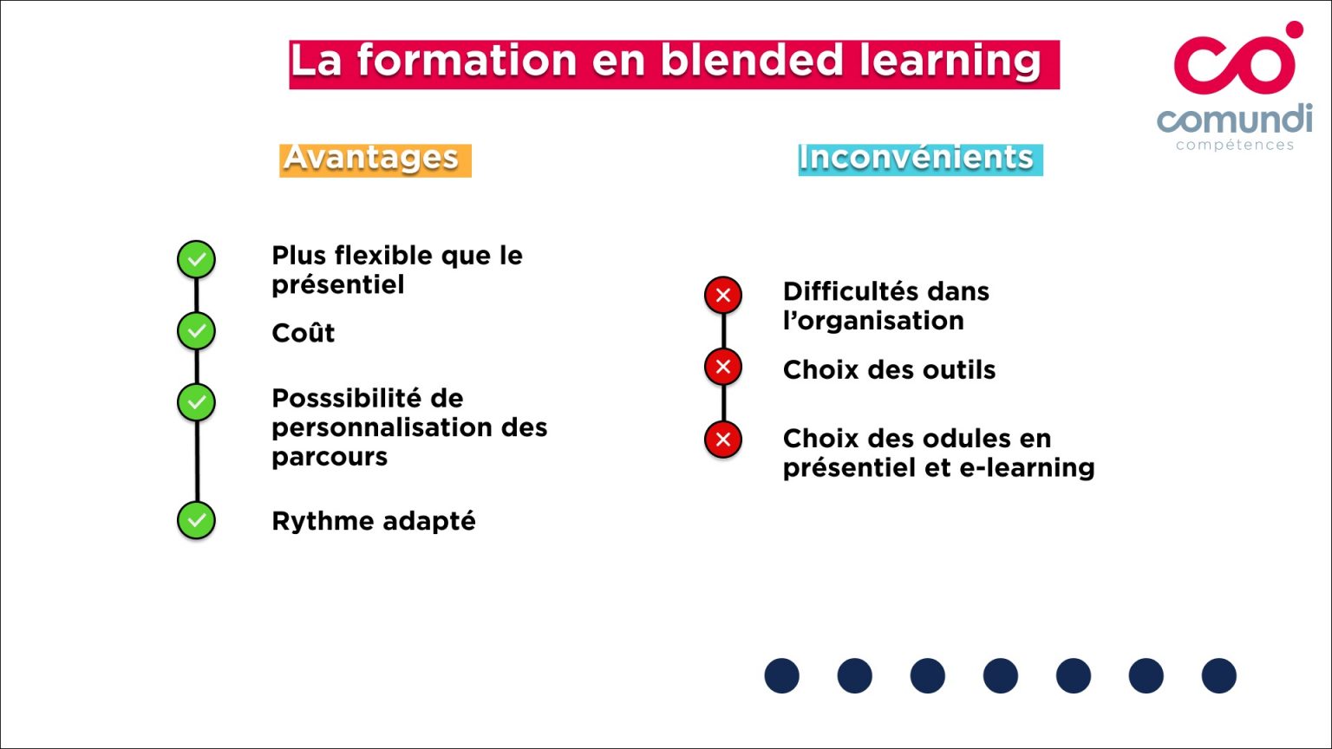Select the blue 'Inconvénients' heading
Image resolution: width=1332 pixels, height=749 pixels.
919,159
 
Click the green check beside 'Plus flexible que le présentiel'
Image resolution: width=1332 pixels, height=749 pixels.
197,259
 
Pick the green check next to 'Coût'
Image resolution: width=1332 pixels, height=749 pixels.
197,331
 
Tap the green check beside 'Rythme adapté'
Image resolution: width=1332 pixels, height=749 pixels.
197,520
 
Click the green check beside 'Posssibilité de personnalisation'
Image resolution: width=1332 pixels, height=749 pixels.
197,402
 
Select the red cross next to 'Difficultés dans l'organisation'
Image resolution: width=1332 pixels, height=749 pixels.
723,296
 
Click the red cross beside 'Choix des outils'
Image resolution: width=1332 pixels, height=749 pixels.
723,367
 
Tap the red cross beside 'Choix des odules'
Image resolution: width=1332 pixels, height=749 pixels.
723,440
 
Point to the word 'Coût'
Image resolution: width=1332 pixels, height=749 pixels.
303,333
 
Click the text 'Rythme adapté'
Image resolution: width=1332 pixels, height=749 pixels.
374,521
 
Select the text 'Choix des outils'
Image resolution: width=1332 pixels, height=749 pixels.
889,370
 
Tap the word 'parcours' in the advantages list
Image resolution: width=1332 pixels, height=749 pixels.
330,457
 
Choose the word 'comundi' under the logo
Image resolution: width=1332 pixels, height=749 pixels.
1234,120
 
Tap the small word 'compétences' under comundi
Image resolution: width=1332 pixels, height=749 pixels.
1234,145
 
